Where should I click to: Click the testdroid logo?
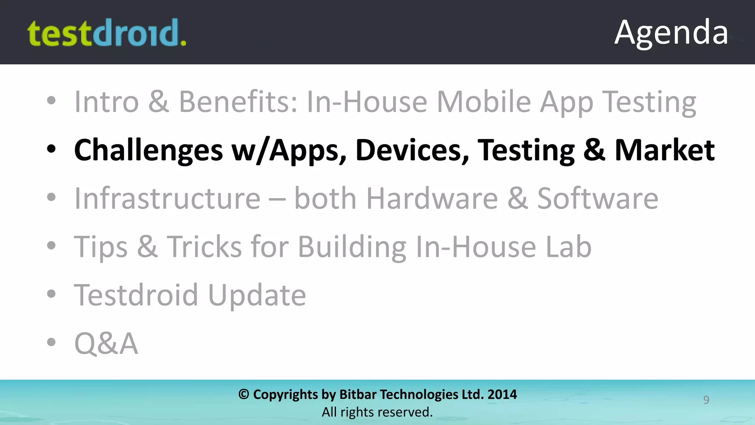tap(107, 33)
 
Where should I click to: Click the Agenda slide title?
tap(671, 32)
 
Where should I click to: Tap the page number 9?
tap(706, 400)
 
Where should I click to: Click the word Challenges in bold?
tap(149, 150)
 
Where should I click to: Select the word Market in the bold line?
tap(665, 150)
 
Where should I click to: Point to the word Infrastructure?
tap(167, 198)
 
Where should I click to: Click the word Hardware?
tap(432, 198)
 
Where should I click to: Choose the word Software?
tap(597, 198)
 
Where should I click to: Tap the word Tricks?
tap(204, 246)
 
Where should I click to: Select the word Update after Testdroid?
tap(257, 295)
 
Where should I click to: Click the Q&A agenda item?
tap(106, 343)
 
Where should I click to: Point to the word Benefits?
tap(238, 101)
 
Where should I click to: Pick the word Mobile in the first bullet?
tap(484, 101)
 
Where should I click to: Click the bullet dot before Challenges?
tap(51, 149)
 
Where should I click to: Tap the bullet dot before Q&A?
tap(51, 342)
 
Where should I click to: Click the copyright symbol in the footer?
tap(244, 394)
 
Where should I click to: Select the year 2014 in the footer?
tap(502, 394)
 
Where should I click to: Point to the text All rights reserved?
tap(377, 412)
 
